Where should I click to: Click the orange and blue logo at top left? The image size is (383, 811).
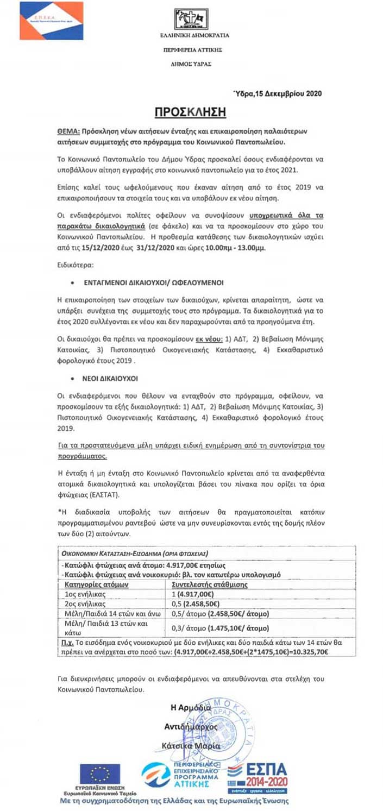[52, 21]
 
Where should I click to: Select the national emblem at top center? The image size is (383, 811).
[191, 19]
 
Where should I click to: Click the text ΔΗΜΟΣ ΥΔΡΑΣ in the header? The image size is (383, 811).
[191, 64]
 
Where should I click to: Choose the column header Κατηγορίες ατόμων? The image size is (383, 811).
[96, 584]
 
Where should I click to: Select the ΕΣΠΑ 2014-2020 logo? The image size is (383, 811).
[257, 777]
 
